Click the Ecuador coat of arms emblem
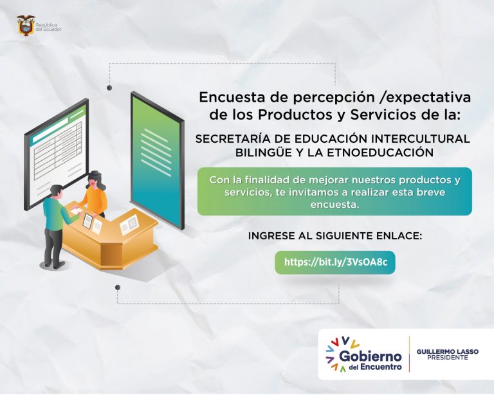pos(26,26)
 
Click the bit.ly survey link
pos(336,262)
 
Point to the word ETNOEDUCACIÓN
pos(380,152)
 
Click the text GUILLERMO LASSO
pos(448,351)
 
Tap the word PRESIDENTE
pos(448,358)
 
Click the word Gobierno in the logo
pos(370,356)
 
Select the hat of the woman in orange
pos(94,174)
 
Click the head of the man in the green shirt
pos(57,192)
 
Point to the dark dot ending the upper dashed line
pos(109,87)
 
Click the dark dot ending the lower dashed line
pos(118,288)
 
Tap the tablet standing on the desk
pos(87,221)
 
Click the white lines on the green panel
pos(156,152)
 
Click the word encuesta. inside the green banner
pos(335,205)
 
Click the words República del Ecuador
pos(48,27)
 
